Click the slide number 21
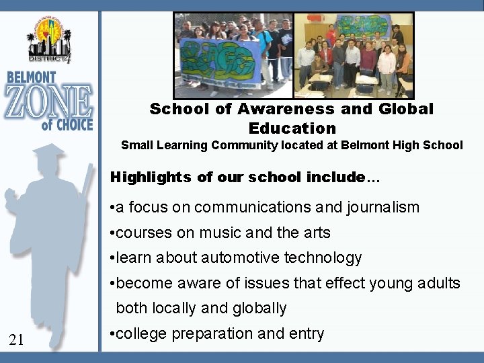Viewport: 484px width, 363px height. tap(17, 341)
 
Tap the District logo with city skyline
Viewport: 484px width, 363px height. tap(48, 38)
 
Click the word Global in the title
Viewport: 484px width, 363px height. tap(400, 109)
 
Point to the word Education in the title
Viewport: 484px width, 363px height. tap(292, 128)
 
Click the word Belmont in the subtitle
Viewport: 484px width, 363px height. tap(365, 145)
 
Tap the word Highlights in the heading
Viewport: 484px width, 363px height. tap(151, 177)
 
